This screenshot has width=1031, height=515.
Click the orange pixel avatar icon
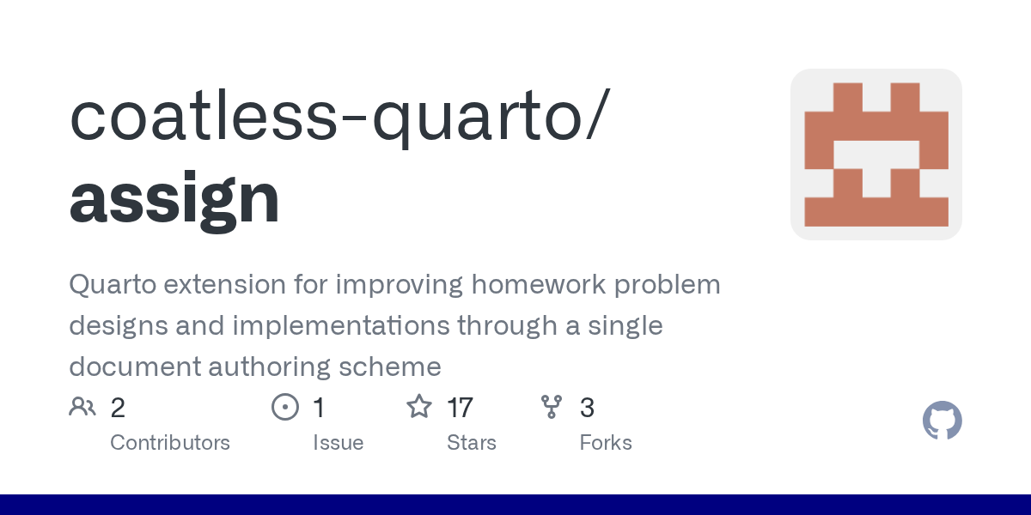pyautogui.click(x=875, y=154)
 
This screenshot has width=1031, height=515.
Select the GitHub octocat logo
pyautogui.click(x=943, y=421)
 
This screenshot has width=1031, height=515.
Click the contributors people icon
pyautogui.click(x=82, y=407)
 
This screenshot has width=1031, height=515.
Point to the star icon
pyautogui.click(x=419, y=407)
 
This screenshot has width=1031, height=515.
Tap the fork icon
pyautogui.click(x=552, y=407)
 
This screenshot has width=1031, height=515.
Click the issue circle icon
pyautogui.click(x=285, y=407)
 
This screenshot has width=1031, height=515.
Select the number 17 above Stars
pyautogui.click(x=460, y=408)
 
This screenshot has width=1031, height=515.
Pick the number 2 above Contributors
pyautogui.click(x=118, y=408)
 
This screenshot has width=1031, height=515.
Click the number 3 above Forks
pyautogui.click(x=587, y=408)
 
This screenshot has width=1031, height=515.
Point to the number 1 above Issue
pyautogui.click(x=319, y=408)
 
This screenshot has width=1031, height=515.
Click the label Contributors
pyautogui.click(x=170, y=443)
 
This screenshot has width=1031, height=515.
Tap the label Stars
pyautogui.click(x=472, y=443)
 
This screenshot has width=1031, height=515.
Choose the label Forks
pyautogui.click(x=606, y=443)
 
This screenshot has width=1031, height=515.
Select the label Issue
pyautogui.click(x=339, y=443)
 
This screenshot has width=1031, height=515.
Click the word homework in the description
pyautogui.click(x=539, y=284)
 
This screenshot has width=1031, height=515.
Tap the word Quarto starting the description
pyautogui.click(x=113, y=285)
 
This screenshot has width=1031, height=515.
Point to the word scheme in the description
pyautogui.click(x=390, y=367)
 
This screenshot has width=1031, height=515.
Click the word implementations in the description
pyautogui.click(x=341, y=326)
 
